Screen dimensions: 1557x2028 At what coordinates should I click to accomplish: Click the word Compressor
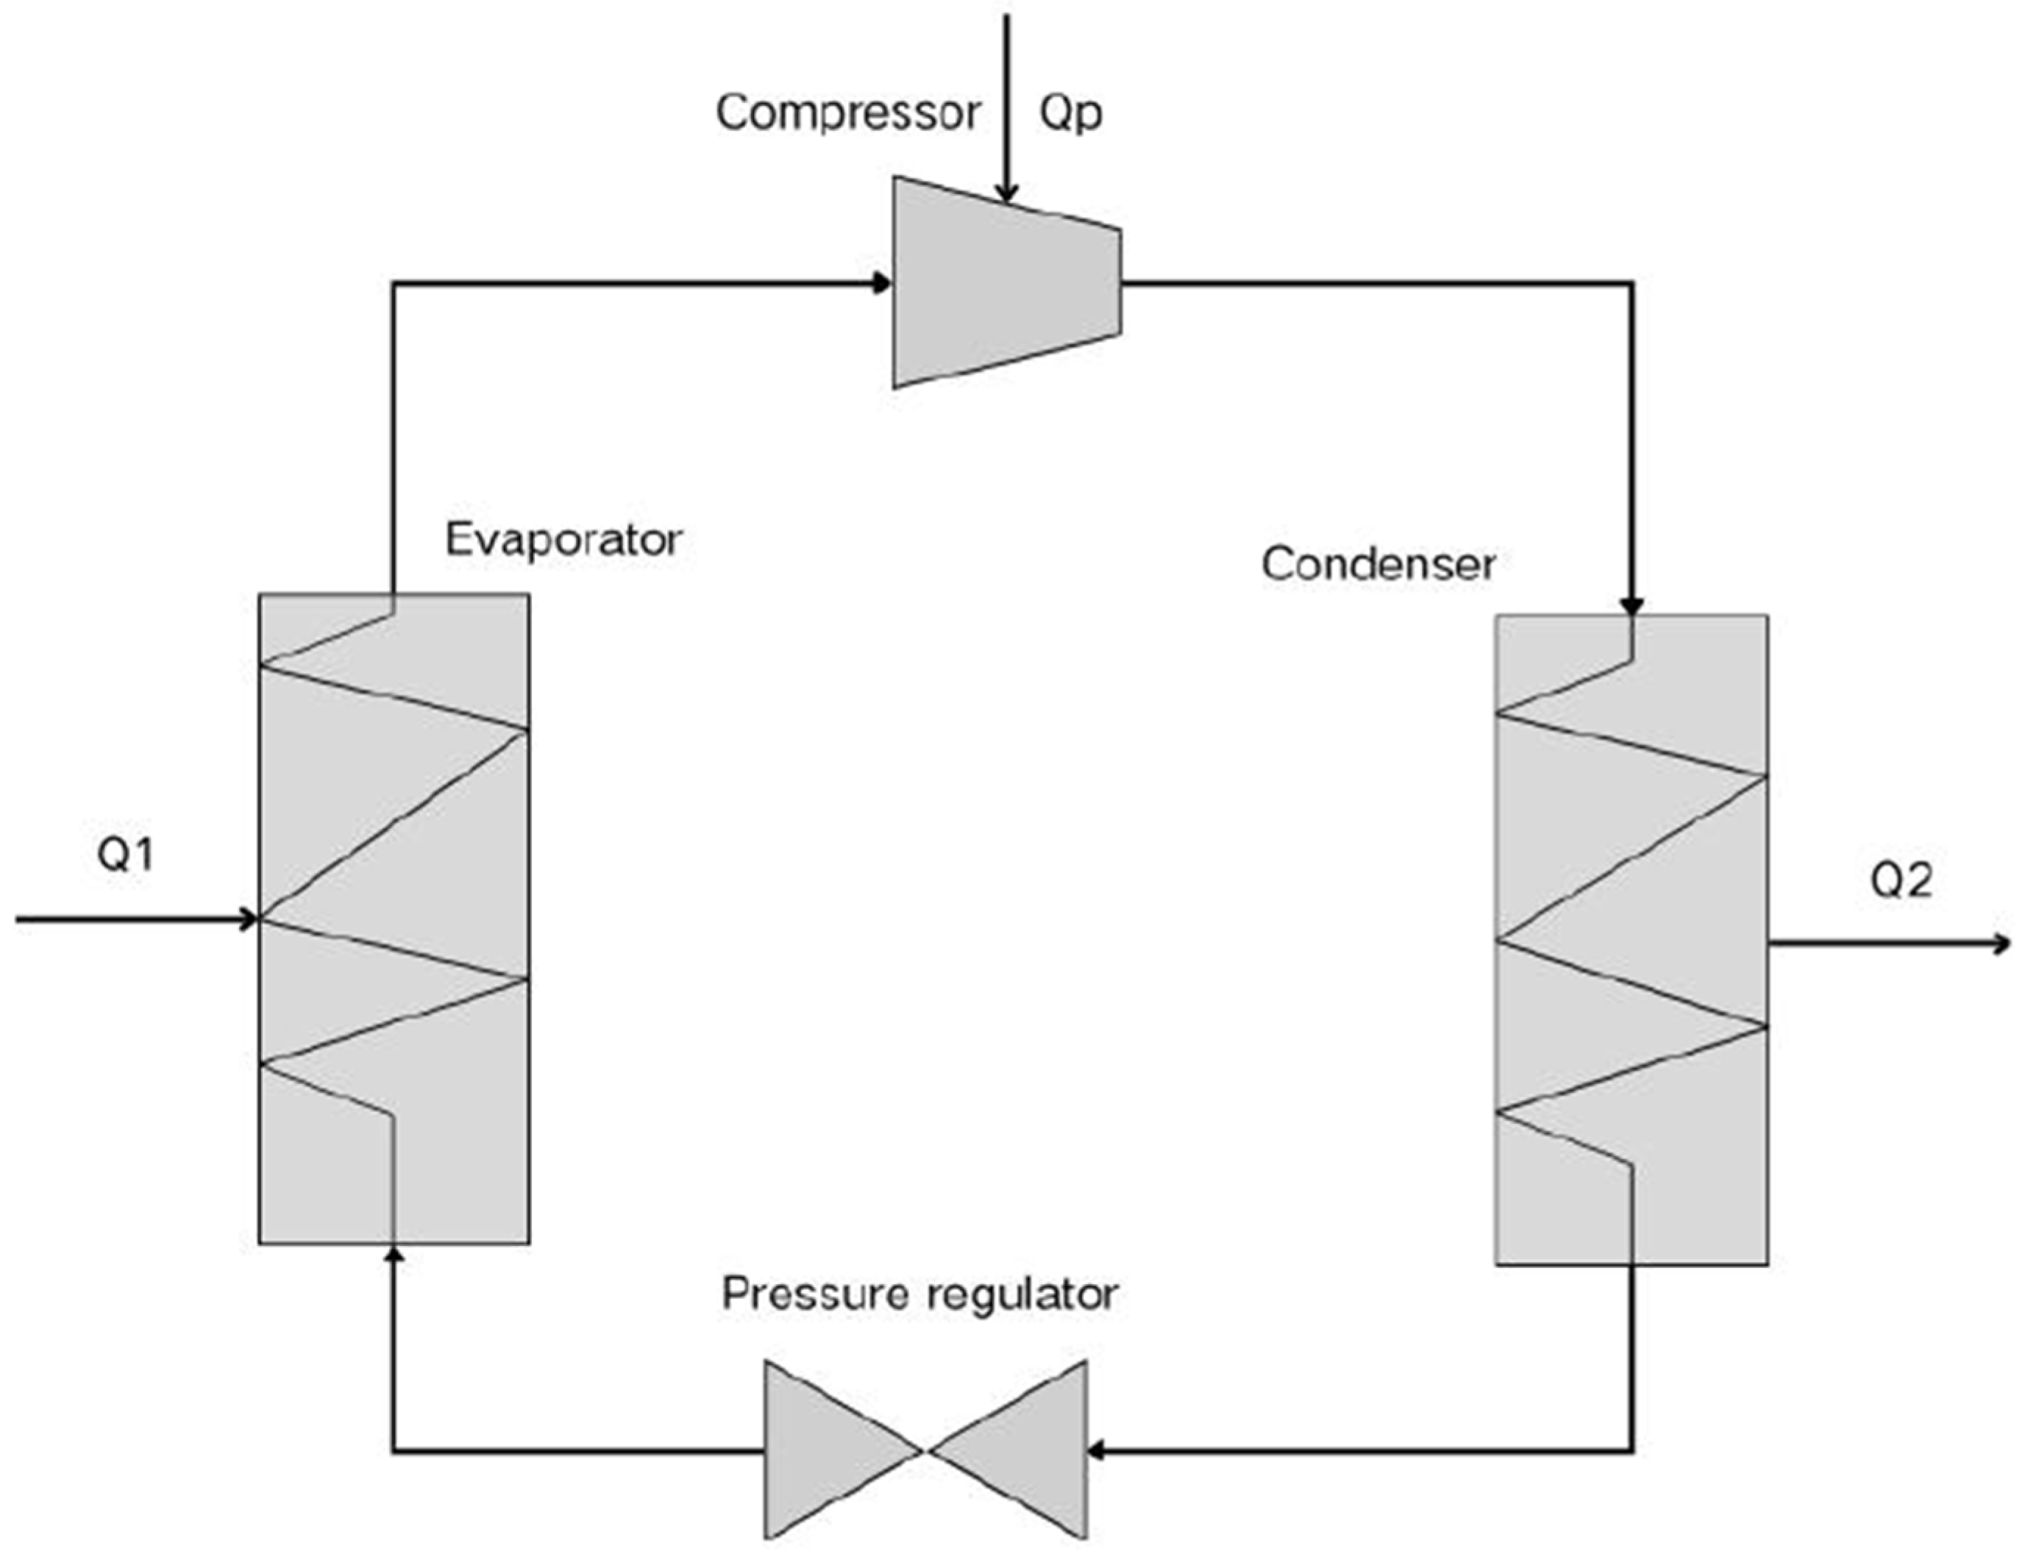847,113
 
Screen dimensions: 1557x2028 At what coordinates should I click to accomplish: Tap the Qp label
1070,113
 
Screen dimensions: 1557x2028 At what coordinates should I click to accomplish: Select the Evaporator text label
563,539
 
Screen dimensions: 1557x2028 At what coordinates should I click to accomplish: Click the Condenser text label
1378,563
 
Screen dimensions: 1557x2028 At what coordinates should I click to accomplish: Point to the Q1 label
126,855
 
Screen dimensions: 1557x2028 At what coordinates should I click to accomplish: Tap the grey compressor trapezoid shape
1001,282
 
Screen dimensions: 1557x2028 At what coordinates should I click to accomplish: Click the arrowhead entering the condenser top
1632,606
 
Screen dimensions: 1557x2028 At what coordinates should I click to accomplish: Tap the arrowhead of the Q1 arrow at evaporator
249,919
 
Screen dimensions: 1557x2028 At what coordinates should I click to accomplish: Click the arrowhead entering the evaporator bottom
394,1254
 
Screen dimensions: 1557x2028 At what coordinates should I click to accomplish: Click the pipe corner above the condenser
1632,282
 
